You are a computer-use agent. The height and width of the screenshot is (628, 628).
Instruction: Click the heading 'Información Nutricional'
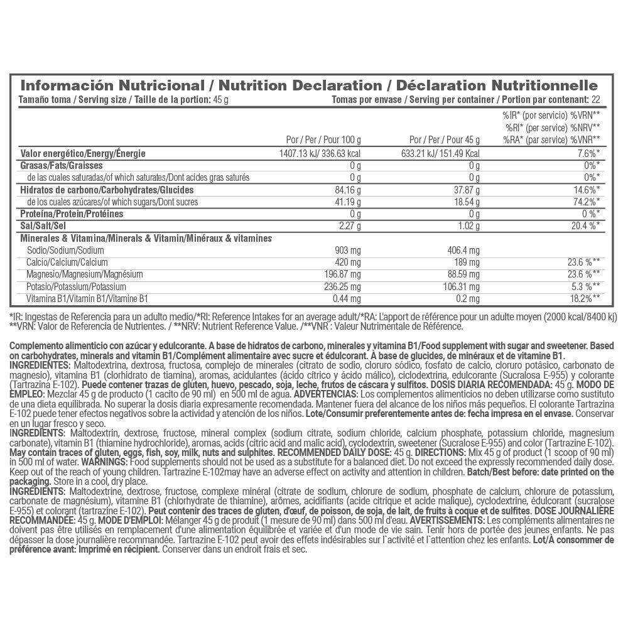point(113,85)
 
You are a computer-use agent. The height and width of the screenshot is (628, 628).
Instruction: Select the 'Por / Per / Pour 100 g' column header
point(323,139)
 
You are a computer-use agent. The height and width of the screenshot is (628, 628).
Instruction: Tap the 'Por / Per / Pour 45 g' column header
point(444,139)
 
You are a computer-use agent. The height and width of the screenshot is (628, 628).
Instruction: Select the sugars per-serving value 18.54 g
point(464,202)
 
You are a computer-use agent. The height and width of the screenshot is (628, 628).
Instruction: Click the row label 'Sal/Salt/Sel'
point(43,225)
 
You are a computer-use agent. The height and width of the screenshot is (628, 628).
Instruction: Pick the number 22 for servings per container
point(595,100)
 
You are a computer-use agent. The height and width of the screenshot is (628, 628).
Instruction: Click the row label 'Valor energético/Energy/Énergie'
point(83,153)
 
